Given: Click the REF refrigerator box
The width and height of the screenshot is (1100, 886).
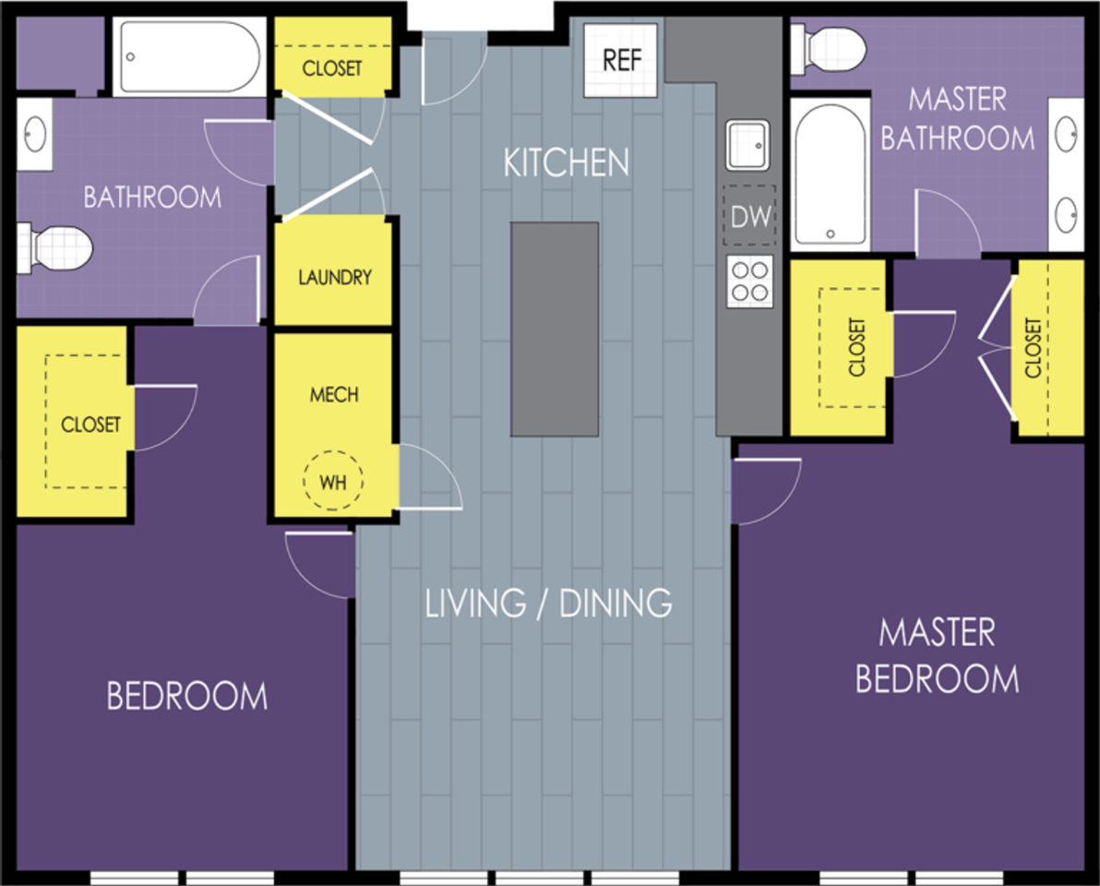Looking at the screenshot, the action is tap(621, 60).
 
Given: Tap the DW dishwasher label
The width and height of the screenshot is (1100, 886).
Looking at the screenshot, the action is tap(750, 216).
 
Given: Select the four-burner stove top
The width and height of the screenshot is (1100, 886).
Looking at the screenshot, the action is tap(749, 281).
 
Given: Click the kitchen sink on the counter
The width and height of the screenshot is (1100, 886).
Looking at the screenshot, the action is tap(747, 145).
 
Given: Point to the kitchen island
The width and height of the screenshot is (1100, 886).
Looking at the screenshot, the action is tap(555, 329).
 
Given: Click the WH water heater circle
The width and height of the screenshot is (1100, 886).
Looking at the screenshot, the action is tap(333, 481).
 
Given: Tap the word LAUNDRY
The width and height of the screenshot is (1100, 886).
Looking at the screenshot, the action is tap(335, 277).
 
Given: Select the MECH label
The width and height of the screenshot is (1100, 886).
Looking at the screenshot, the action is tap(334, 395).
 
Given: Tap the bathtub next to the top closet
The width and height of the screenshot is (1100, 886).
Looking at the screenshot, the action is tap(189, 56).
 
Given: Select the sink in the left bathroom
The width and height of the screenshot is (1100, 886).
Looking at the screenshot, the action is tap(35, 133).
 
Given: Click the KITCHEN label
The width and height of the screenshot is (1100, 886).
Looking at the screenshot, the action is tap(566, 162).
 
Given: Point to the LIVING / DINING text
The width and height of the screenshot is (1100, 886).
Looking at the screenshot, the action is tap(548, 604).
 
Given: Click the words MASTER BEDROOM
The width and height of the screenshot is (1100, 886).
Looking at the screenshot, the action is tap(938, 656).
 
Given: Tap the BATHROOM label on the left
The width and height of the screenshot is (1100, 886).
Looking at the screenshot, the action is tap(152, 198).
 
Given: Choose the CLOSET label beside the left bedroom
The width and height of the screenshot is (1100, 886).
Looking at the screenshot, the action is tap(90, 425).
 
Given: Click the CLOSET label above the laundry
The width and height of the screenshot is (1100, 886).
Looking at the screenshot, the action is tap(332, 68).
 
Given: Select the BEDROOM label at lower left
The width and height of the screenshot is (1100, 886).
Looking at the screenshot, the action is tap(186, 696).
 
